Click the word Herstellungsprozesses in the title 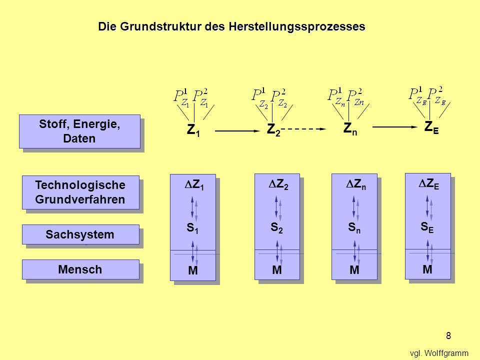pyautogui.click(x=297, y=26)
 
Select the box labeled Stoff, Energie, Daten pyautogui.click(x=79, y=131)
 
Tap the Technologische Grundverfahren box pyautogui.click(x=80, y=192)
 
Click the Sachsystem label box pyautogui.click(x=80, y=234)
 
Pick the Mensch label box pyautogui.click(x=80, y=269)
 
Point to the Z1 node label pyautogui.click(x=193, y=130)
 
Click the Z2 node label pyautogui.click(x=273, y=129)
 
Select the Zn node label pyautogui.click(x=350, y=128)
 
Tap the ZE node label pyautogui.click(x=431, y=127)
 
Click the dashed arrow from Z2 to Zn pyautogui.click(x=303, y=129)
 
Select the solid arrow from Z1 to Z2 pyautogui.click(x=237, y=130)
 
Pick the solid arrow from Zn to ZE pyautogui.click(x=395, y=126)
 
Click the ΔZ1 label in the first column pyautogui.click(x=194, y=185)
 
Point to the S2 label pyautogui.click(x=276, y=228)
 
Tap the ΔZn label pyautogui.click(x=355, y=184)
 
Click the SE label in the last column pyautogui.click(x=427, y=227)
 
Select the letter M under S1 pyautogui.click(x=193, y=270)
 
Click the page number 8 pyautogui.click(x=448, y=335)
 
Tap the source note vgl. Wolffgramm pyautogui.click(x=439, y=353)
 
